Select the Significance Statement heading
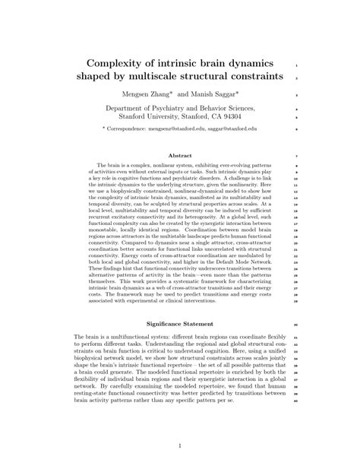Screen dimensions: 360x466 click(x=179, y=322)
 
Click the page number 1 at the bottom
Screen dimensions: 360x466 click(x=179, y=445)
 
